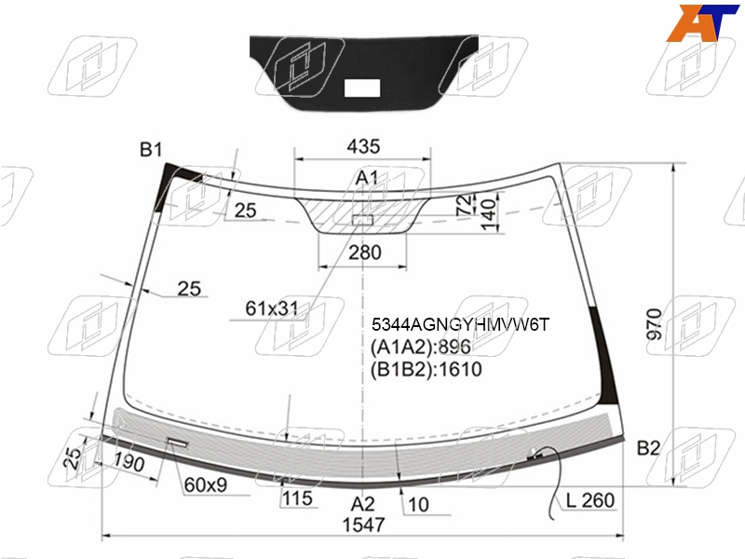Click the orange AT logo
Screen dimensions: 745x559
pos(702,22)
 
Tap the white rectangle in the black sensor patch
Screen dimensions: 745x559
pos(361,88)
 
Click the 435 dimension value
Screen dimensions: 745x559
pos(363,146)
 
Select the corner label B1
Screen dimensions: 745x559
pos(151,150)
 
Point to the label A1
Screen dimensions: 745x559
pos(367,178)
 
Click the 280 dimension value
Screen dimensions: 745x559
pos(365,252)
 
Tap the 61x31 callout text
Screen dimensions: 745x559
pos(271,308)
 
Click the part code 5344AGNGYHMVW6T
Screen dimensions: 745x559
pos(460,324)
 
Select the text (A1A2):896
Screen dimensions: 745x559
pos(421,347)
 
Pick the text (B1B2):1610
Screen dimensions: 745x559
pos(427,369)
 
